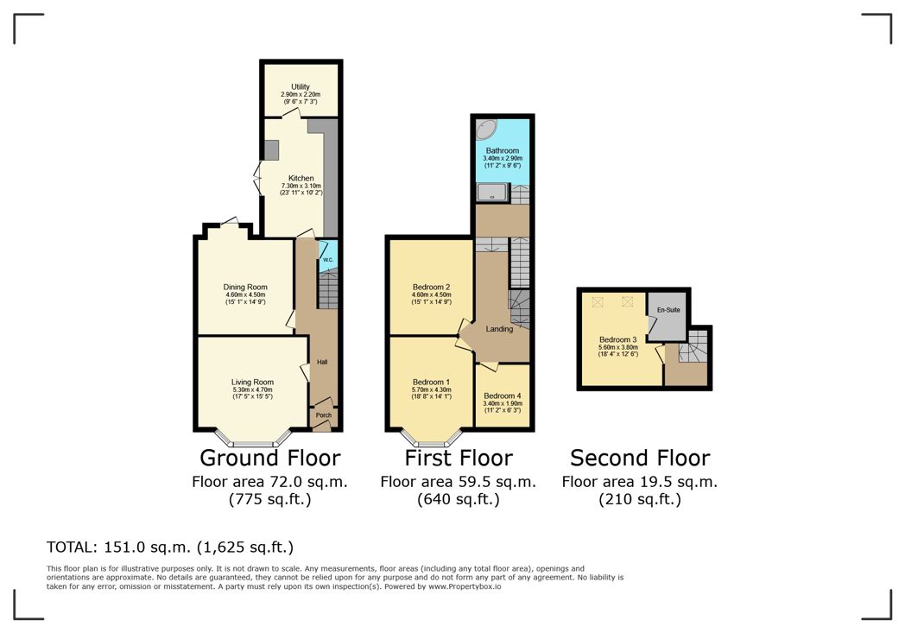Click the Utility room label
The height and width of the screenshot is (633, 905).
pyautogui.click(x=301, y=86)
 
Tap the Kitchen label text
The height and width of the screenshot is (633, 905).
pyautogui.click(x=301, y=178)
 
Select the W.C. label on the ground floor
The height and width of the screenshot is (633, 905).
pyautogui.click(x=328, y=260)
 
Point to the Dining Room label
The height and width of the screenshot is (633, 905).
pyautogui.click(x=245, y=287)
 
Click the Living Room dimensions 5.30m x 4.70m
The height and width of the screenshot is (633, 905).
pyautogui.click(x=252, y=389)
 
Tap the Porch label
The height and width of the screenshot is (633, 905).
pyautogui.click(x=324, y=415)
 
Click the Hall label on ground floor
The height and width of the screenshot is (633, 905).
pyautogui.click(x=322, y=362)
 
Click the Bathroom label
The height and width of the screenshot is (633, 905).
pyautogui.click(x=502, y=150)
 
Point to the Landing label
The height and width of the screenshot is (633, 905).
pyautogui.click(x=499, y=329)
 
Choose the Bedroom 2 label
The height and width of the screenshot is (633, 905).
pyautogui.click(x=431, y=287)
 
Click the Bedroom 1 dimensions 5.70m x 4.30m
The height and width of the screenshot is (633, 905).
pyautogui.click(x=431, y=389)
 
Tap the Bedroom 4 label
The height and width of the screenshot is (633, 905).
pyautogui.click(x=502, y=396)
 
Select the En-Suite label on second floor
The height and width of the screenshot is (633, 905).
pyautogui.click(x=668, y=310)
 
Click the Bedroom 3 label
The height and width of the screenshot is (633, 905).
pyautogui.click(x=617, y=339)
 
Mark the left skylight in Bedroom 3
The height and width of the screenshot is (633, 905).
pyautogui.click(x=598, y=301)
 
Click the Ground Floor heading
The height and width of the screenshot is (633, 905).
pyautogui.click(x=270, y=458)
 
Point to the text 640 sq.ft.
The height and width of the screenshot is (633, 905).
pyautogui.click(x=459, y=499)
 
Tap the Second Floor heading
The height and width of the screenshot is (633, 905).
pyautogui.click(x=640, y=458)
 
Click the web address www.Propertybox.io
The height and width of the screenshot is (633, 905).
pyautogui.click(x=464, y=586)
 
